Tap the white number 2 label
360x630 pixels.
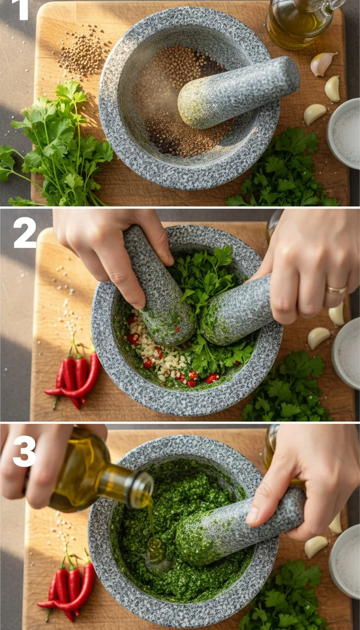24,232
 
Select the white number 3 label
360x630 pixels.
24,451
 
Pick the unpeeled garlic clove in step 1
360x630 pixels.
322,64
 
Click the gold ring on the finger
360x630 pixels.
336,290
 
